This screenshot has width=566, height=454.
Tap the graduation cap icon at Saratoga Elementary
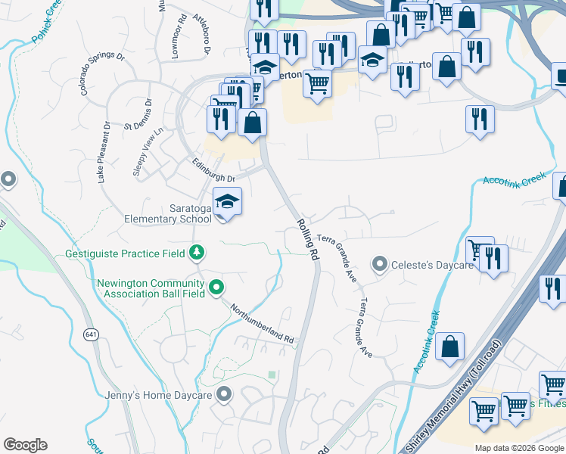tap(227, 202)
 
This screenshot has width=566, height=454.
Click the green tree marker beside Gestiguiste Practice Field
tap(197, 250)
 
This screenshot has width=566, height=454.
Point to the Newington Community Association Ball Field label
tap(151, 288)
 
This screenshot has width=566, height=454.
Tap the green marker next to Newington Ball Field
tap(216, 287)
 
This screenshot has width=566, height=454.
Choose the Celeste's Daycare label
tap(432, 265)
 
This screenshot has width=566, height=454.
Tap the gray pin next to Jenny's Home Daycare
tap(224, 394)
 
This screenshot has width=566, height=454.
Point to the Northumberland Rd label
tap(262, 324)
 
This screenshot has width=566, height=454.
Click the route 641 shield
tap(92, 334)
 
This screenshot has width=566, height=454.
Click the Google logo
tap(25, 445)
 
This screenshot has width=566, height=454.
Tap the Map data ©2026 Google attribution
tap(519, 448)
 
